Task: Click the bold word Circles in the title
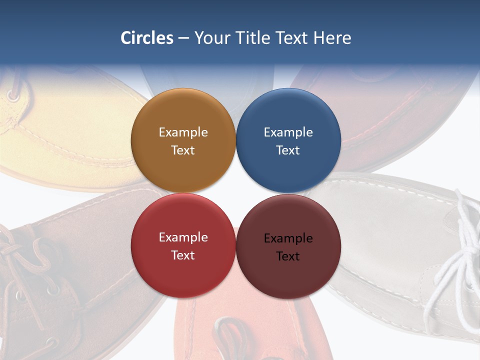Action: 147,38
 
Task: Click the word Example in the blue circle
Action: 288,132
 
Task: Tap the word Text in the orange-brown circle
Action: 183,150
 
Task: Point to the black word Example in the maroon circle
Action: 288,238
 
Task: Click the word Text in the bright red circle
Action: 183,255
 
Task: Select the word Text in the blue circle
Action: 288,150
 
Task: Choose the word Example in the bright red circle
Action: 183,237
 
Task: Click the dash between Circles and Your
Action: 183,38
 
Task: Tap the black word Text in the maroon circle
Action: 288,256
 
